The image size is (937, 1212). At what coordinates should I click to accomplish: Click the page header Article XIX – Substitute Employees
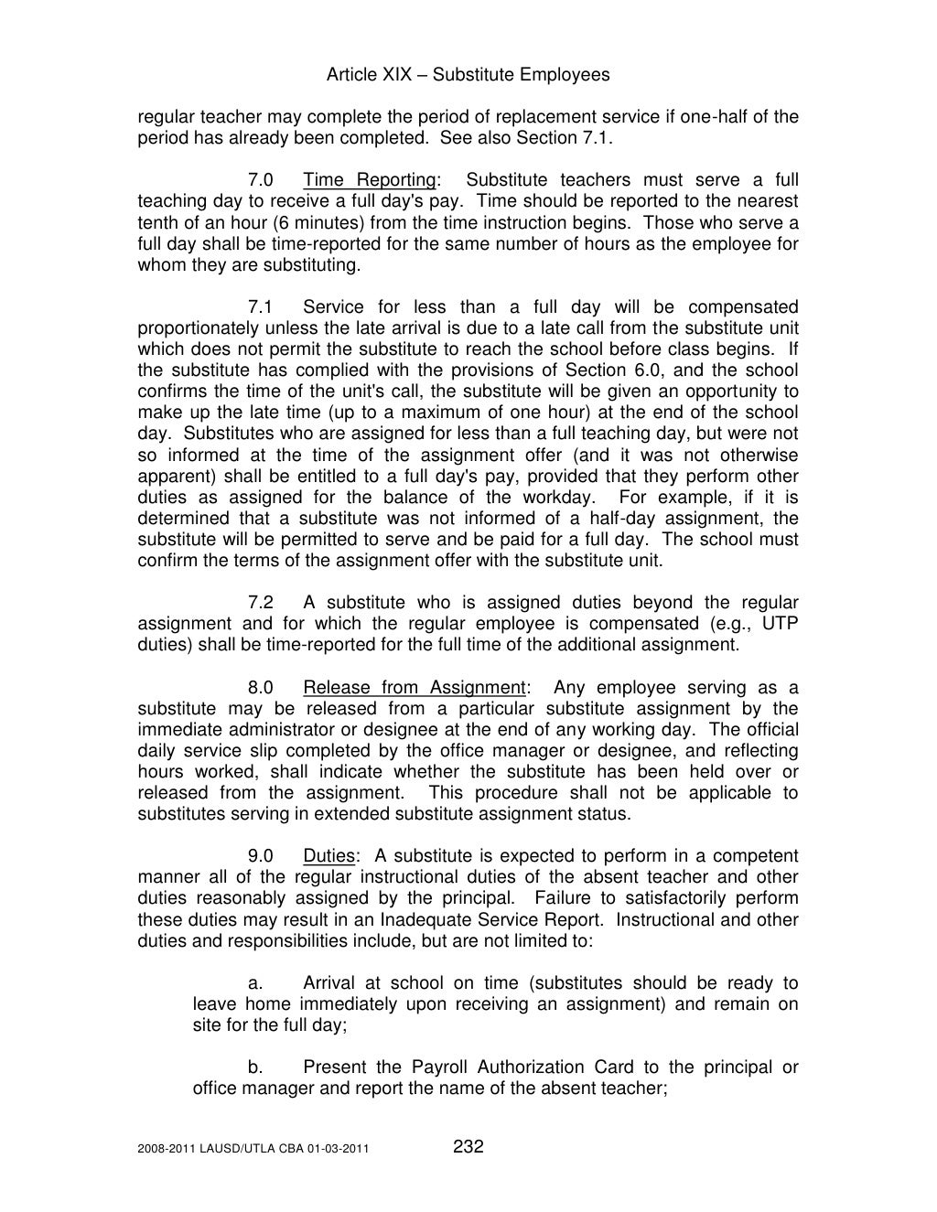[x=468, y=75]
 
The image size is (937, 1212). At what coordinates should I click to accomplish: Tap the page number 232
[x=468, y=1147]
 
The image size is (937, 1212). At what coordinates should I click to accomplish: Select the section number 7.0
[x=261, y=180]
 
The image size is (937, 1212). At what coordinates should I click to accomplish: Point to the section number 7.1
[x=261, y=307]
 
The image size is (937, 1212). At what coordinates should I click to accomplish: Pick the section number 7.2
[x=261, y=603]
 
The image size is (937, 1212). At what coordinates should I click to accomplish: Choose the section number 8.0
[x=261, y=688]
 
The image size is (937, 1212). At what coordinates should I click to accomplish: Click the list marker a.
[x=256, y=984]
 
